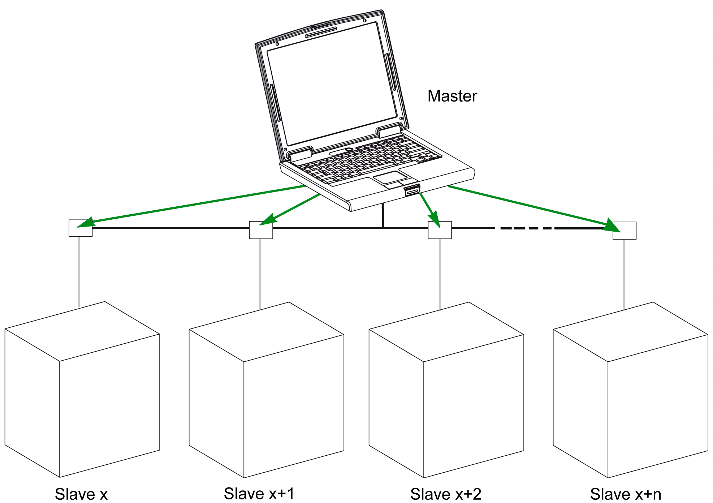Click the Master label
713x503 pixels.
[x=452, y=96]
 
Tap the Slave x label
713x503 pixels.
[x=81, y=494]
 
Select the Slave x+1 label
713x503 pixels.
[x=259, y=493]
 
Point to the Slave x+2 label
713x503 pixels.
[x=446, y=494]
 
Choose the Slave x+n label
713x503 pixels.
[x=626, y=494]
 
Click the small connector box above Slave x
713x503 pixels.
[x=81, y=228]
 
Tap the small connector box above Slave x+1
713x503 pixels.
[x=261, y=230]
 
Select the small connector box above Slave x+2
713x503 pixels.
[x=440, y=230]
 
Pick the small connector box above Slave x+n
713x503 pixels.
[x=625, y=231]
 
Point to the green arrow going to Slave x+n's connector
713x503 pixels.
[x=531, y=207]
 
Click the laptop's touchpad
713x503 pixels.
[x=390, y=177]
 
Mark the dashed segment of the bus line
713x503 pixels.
[x=526, y=228]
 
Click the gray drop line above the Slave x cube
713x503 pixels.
[x=79, y=271]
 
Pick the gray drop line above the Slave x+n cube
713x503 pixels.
[x=624, y=274]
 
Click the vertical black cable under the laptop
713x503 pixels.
[x=383, y=216]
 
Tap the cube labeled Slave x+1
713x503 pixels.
[x=266, y=390]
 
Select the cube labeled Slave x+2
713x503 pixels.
[x=446, y=390]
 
